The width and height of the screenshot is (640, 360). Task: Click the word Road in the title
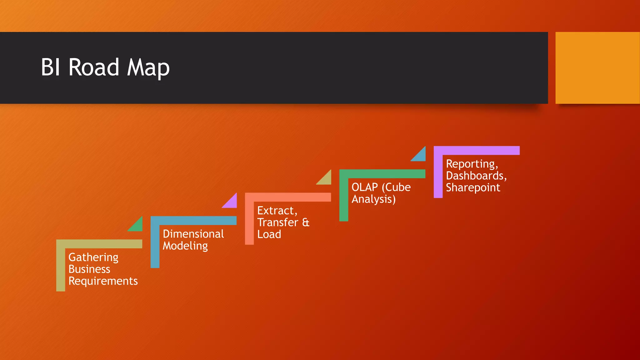(94, 67)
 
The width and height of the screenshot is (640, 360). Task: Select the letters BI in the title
(50, 67)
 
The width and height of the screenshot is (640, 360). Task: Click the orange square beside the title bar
(597, 68)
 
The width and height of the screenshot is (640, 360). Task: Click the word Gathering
(93, 257)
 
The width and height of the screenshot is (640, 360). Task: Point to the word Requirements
(103, 281)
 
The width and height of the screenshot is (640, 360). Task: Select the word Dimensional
(193, 234)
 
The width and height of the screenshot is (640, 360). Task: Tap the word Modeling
(185, 246)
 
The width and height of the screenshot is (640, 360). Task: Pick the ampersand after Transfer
(306, 222)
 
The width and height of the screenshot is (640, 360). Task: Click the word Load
(269, 234)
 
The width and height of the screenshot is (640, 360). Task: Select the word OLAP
(365, 187)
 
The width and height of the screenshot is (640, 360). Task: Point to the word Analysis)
(374, 199)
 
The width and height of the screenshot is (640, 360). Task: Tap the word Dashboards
(476, 176)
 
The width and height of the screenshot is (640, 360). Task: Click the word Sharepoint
(473, 187)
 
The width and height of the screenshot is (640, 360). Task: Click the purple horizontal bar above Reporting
(477, 150)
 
